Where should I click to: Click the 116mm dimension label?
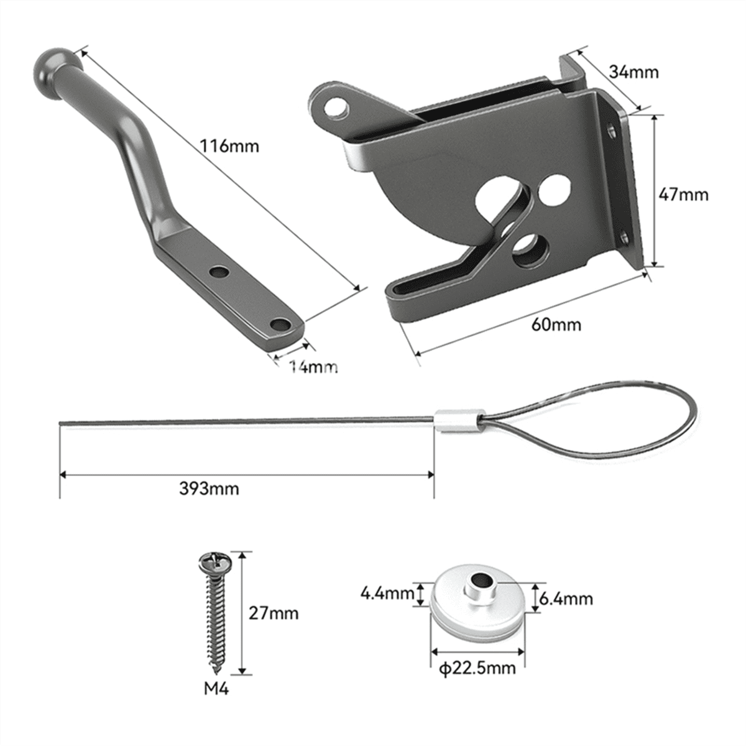(x=229, y=147)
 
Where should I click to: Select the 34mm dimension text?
(x=633, y=72)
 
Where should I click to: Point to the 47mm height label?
(x=683, y=195)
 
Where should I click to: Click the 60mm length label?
(x=557, y=324)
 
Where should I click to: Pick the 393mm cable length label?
(x=209, y=488)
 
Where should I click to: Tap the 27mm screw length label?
(x=274, y=613)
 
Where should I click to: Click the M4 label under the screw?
(x=216, y=689)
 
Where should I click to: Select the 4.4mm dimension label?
(x=387, y=593)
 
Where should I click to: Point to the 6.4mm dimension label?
(x=566, y=599)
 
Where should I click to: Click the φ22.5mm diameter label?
(x=477, y=668)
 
